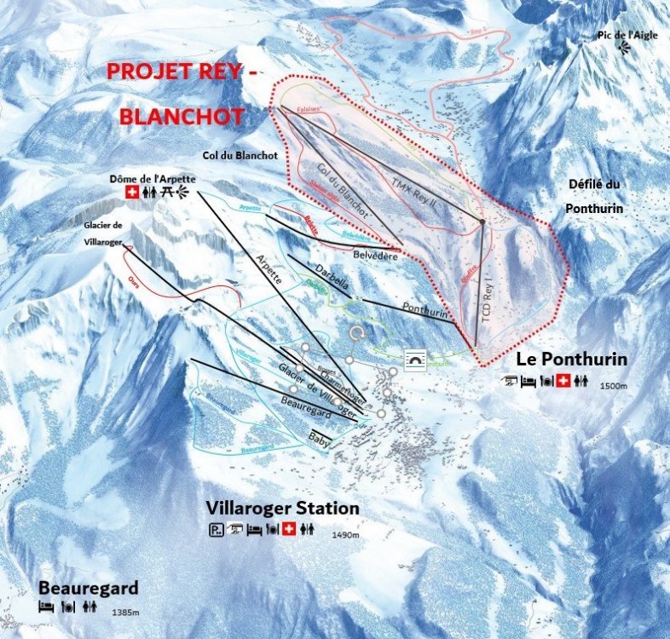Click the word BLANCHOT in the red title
[182, 116]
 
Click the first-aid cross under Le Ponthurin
[563, 381]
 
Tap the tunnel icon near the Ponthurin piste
[415, 360]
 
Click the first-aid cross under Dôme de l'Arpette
[131, 193]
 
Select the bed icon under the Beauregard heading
[45, 607]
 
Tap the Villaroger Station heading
[282, 509]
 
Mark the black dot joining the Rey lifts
[482, 222]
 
